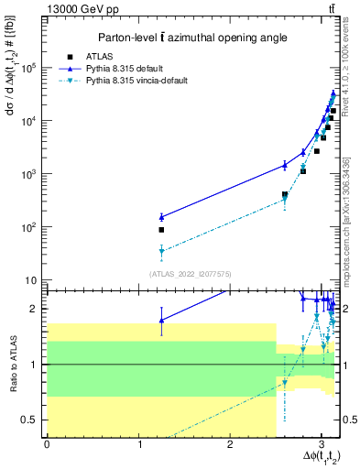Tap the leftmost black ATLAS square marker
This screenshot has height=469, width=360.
pyautogui.click(x=161, y=230)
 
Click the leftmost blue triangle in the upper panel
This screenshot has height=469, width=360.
pyautogui.click(x=161, y=217)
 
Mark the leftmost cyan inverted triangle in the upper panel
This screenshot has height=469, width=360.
pyautogui.click(x=161, y=251)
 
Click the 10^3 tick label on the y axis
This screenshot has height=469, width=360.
pyautogui.click(x=31, y=173)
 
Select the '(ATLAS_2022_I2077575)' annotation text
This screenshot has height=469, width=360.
pyautogui.click(x=191, y=274)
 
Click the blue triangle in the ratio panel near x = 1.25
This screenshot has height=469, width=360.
pyautogui.click(x=161, y=320)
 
